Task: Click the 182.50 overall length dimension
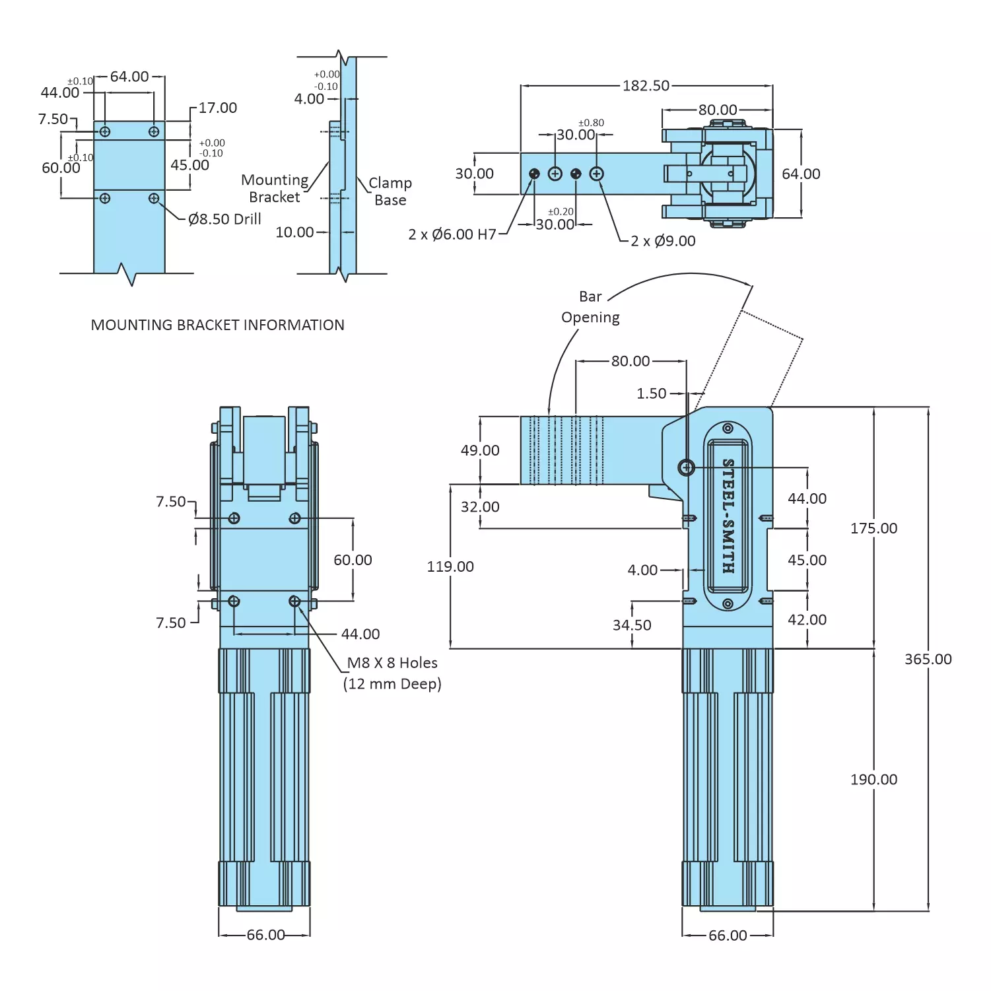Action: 646,86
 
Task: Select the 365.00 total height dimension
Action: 928,659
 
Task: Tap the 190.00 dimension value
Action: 873,779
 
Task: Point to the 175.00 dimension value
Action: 873,528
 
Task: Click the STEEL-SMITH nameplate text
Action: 728,516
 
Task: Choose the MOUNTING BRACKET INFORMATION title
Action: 217,325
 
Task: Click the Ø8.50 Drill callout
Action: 224,219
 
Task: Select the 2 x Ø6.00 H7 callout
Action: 452,234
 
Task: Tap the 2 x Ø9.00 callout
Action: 663,241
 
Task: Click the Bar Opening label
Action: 590,307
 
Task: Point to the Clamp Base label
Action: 390,191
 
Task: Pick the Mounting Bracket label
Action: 275,188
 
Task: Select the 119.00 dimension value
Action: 450,566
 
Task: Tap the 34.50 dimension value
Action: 632,625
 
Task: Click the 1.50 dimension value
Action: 651,393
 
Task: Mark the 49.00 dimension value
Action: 480,450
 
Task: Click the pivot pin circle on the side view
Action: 687,467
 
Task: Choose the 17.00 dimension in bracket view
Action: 217,108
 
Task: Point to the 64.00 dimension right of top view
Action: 801,174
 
